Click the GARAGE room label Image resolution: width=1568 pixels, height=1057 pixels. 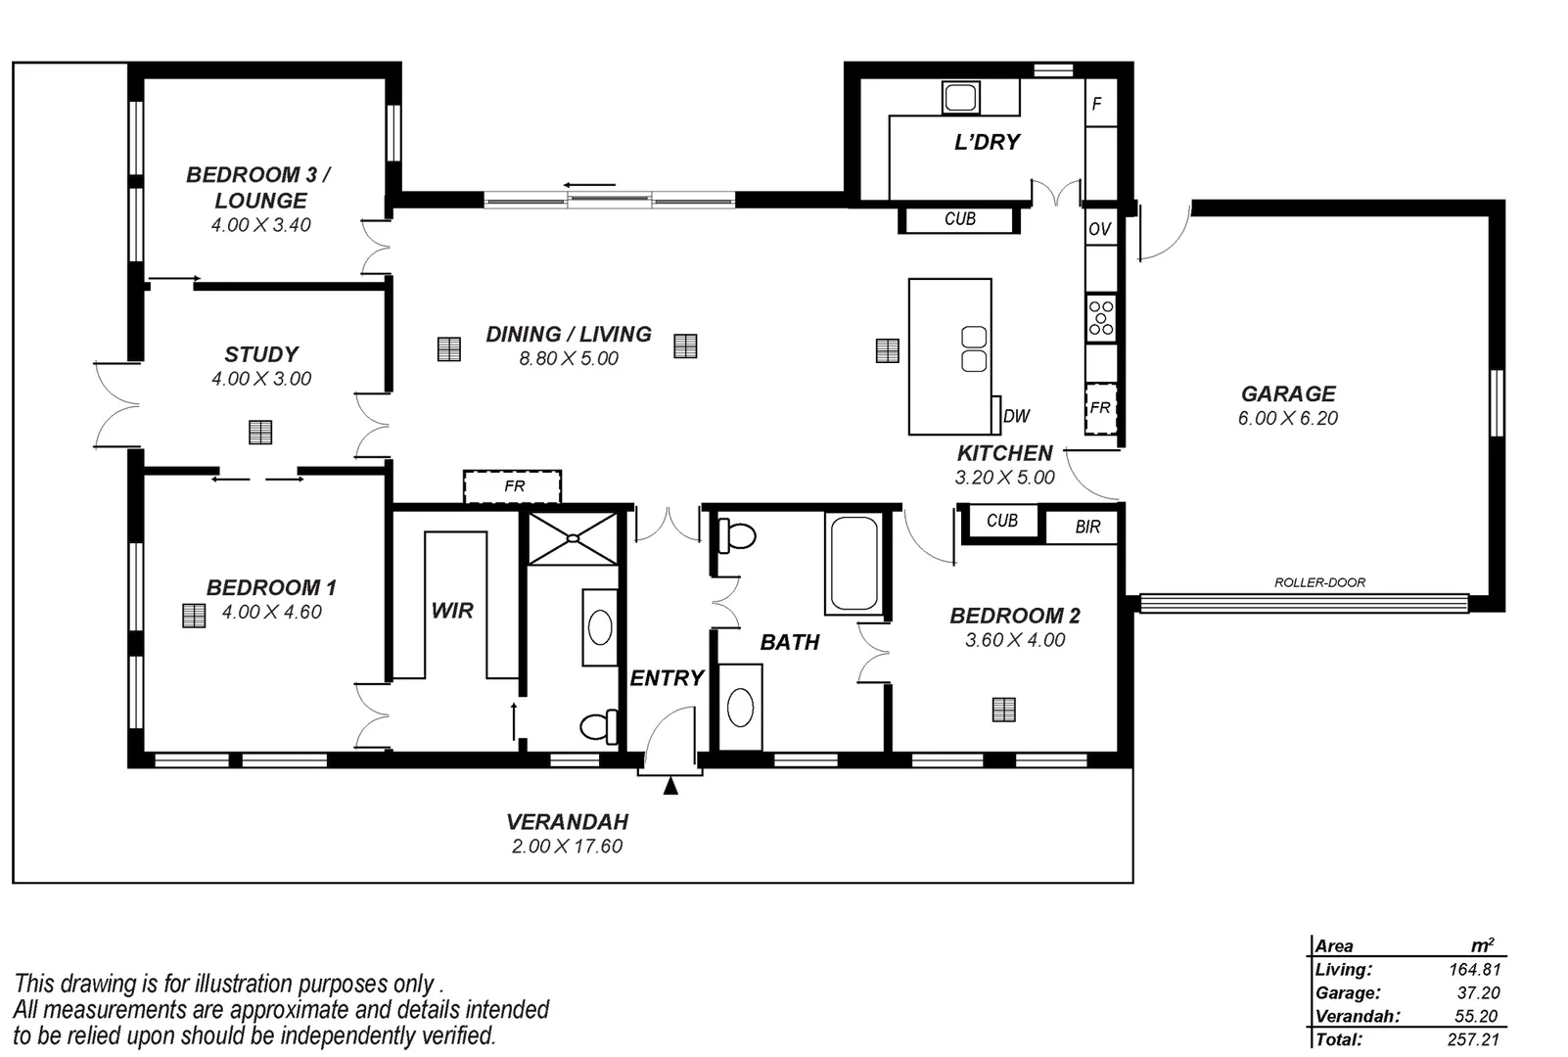click(1287, 393)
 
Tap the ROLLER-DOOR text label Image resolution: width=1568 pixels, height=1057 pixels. click(1319, 582)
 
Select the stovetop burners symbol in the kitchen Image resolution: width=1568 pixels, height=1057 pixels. click(1101, 318)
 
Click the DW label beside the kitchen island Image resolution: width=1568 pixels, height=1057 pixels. click(1017, 416)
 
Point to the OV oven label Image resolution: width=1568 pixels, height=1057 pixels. click(1099, 229)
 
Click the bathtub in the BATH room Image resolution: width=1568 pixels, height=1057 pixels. click(853, 564)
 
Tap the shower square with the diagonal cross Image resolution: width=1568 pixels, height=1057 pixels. click(574, 538)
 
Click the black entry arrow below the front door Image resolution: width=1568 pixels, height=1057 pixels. click(670, 785)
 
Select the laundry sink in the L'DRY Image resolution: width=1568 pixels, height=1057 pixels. click(960, 97)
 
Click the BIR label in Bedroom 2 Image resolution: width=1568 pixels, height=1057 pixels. click(1087, 527)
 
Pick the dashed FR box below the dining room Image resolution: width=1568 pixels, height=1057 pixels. click(513, 486)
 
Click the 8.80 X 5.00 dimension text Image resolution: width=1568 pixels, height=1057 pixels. click(569, 359)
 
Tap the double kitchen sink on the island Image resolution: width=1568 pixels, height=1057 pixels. click(974, 349)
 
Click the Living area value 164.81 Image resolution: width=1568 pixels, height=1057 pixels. click(1474, 970)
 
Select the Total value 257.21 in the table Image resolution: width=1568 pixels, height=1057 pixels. click(1473, 1039)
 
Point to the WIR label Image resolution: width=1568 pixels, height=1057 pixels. click(452, 611)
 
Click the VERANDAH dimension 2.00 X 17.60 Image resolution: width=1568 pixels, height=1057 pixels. click(567, 847)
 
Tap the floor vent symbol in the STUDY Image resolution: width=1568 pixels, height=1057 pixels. click(260, 432)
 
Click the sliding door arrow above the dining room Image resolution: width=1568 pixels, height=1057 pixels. click(589, 185)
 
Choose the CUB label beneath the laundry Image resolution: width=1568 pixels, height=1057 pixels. click(959, 219)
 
